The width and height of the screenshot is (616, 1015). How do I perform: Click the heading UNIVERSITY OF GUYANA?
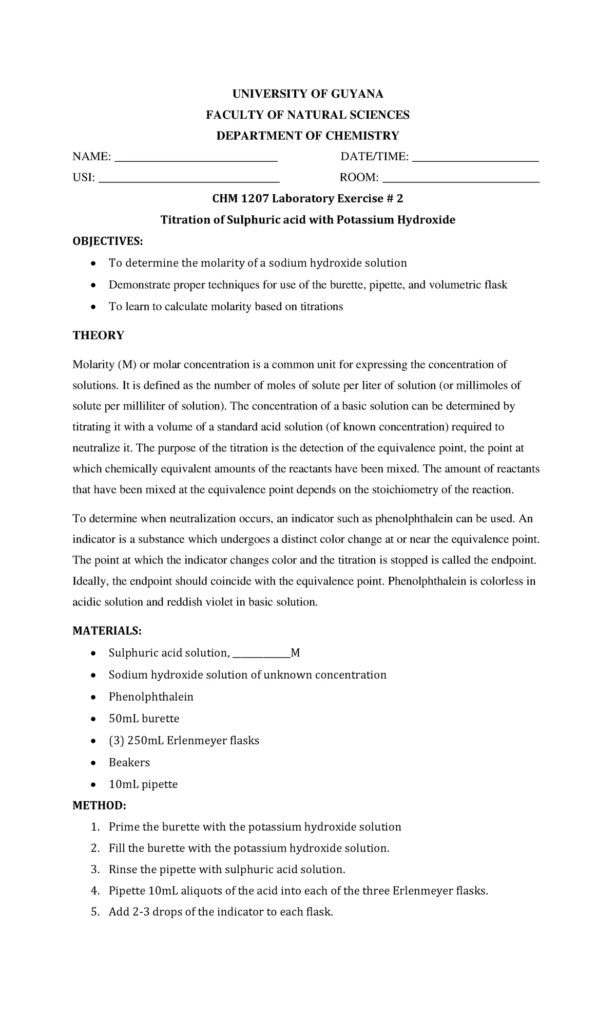307,93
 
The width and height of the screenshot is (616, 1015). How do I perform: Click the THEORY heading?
98,335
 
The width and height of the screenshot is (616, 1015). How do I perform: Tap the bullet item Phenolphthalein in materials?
151,697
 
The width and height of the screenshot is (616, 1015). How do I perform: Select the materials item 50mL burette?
144,718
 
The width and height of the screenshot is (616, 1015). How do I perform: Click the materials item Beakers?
129,762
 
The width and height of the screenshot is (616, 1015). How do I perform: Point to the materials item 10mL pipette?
143,784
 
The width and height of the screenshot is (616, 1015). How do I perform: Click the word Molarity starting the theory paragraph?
93,365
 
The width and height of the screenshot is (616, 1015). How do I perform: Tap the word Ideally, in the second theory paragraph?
91,581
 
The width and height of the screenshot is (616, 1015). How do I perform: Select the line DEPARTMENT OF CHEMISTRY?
307,136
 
